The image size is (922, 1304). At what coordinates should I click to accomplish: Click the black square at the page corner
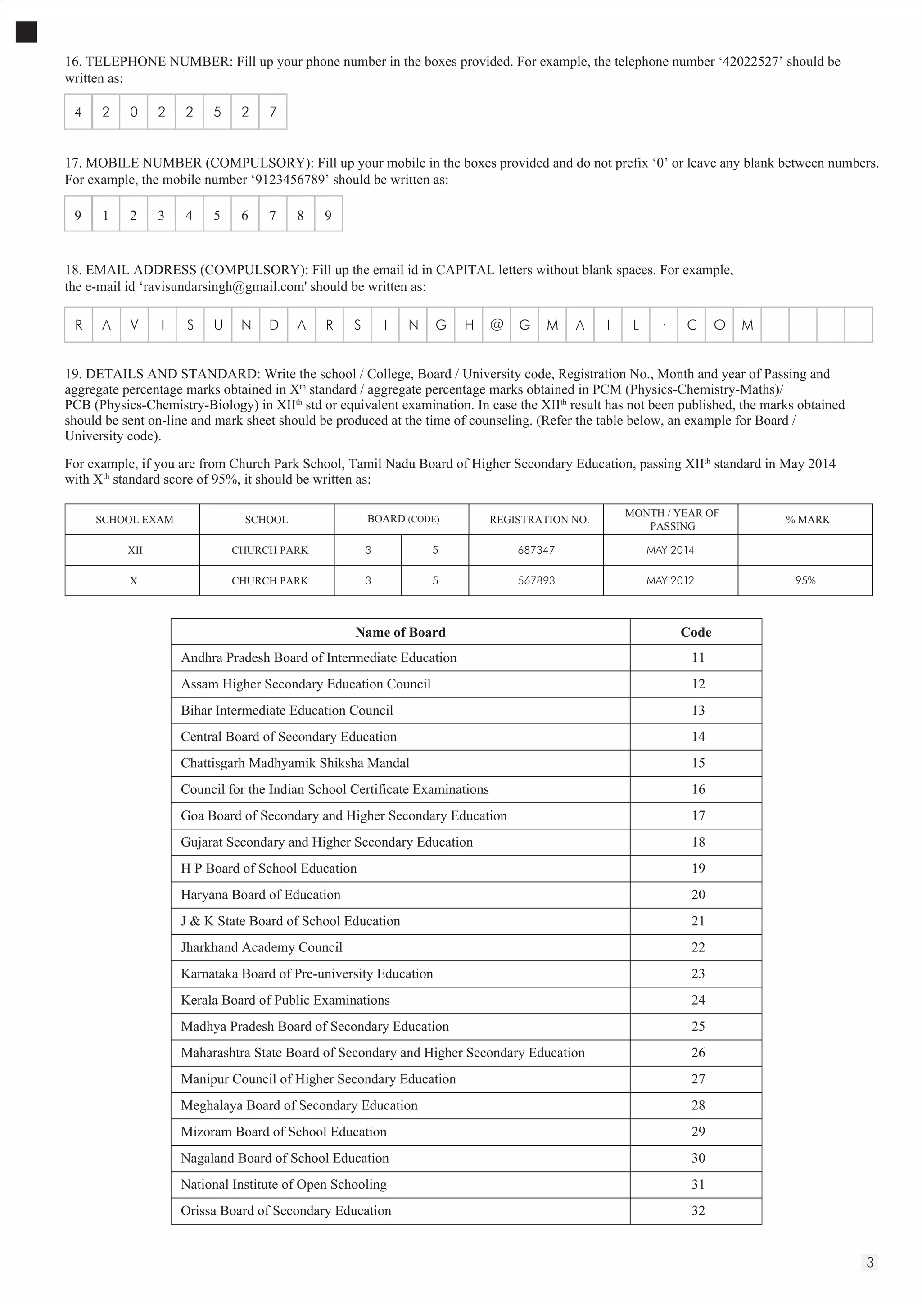pyautogui.click(x=26, y=32)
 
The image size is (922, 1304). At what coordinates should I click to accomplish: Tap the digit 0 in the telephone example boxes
pyautogui.click(x=133, y=112)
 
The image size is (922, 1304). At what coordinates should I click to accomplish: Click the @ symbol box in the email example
pyautogui.click(x=496, y=325)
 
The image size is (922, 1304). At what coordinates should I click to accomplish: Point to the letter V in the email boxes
pyautogui.click(x=134, y=325)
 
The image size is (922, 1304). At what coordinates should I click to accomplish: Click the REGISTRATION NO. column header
pyautogui.click(x=539, y=520)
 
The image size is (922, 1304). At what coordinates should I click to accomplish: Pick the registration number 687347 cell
pyautogui.click(x=536, y=550)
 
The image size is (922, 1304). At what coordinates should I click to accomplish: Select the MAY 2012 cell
pyautogui.click(x=670, y=580)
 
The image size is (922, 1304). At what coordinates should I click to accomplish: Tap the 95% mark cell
pyautogui.click(x=804, y=580)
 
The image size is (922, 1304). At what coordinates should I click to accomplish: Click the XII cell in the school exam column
pyautogui.click(x=135, y=550)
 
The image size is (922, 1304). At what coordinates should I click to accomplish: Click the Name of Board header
pyautogui.click(x=400, y=632)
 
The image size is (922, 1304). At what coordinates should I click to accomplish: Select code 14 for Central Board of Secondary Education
pyautogui.click(x=698, y=737)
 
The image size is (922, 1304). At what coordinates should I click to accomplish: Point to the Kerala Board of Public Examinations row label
pyautogui.click(x=285, y=1000)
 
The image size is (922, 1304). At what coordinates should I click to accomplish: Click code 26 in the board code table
pyautogui.click(x=698, y=1052)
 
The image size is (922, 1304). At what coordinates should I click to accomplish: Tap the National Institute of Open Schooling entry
pyautogui.click(x=283, y=1184)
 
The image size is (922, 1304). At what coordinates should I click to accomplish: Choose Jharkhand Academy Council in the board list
pyautogui.click(x=261, y=947)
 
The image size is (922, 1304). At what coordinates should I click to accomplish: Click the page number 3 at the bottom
pyautogui.click(x=870, y=1263)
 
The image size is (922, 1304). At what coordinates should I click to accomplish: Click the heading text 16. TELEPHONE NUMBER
pyautogui.click(x=148, y=61)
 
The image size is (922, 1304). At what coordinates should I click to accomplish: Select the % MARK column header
pyautogui.click(x=807, y=520)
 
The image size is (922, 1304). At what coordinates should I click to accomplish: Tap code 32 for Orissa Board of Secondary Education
pyautogui.click(x=698, y=1210)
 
